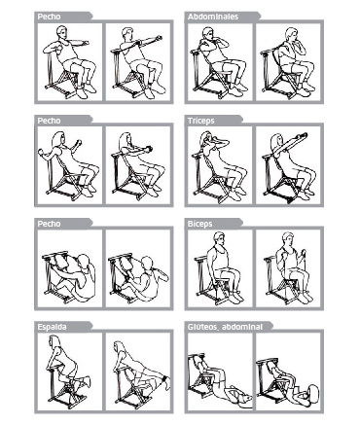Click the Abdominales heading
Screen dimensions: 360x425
[213, 17]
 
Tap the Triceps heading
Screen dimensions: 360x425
[201, 121]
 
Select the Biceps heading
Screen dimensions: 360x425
[200, 224]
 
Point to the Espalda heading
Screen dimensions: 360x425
[52, 327]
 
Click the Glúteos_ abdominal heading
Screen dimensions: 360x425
[225, 327]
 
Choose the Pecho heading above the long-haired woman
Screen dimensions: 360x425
[49, 121]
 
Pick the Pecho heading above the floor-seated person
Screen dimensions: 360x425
[49, 224]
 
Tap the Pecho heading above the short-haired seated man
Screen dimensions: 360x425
[49, 17]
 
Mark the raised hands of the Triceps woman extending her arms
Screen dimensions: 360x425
[303, 135]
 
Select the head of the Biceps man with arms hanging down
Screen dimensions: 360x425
[219, 239]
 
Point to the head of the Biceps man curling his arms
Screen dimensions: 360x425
[288, 239]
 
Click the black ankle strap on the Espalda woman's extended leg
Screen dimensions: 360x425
[165, 378]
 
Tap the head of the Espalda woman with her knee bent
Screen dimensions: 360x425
[54, 342]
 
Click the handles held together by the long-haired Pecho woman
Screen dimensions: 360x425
[148, 149]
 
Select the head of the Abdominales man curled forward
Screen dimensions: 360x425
[292, 35]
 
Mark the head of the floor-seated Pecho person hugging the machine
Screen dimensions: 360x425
[84, 261]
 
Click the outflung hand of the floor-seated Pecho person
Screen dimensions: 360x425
[165, 278]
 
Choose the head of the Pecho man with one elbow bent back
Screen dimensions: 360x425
[61, 33]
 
